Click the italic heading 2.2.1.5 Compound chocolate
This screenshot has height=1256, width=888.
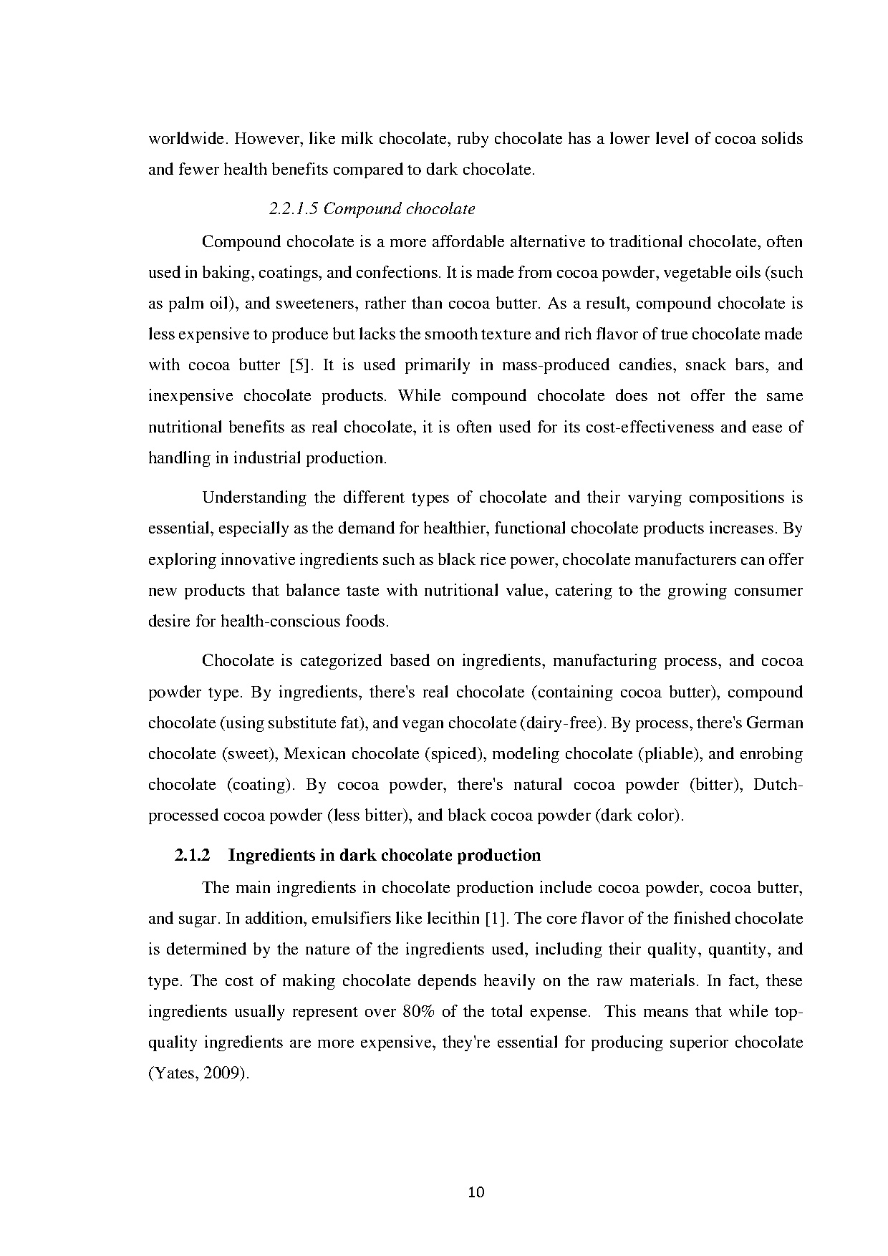(372, 209)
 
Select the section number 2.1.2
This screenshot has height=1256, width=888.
(193, 856)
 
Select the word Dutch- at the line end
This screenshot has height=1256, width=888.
(778, 785)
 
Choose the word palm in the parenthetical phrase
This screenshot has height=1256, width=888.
(186, 304)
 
